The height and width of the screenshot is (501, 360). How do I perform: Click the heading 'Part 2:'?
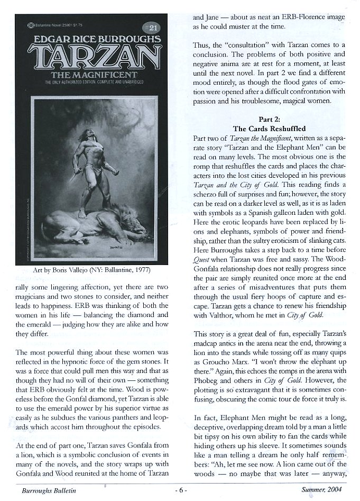(x=269, y=120)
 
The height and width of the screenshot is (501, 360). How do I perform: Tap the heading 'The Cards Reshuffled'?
(x=269, y=129)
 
